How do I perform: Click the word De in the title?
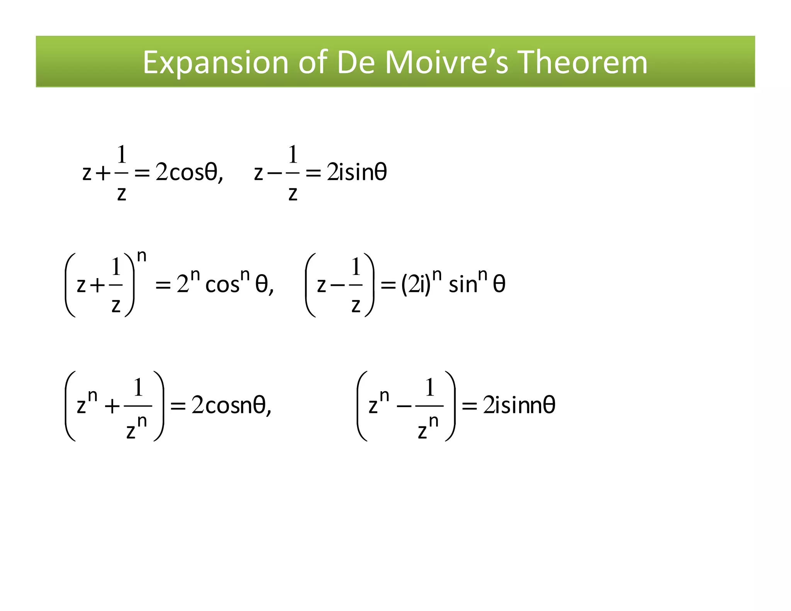click(356, 63)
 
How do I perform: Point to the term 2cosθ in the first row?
click(187, 172)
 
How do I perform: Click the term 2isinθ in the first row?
click(356, 172)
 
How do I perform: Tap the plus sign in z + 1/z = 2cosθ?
click(103, 173)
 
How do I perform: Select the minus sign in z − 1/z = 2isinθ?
click(274, 173)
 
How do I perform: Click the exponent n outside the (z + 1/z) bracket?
click(142, 256)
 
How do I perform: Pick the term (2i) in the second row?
click(416, 285)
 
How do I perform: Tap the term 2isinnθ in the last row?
click(519, 406)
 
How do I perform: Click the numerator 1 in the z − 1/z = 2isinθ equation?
click(293, 154)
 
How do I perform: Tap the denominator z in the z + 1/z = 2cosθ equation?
click(122, 194)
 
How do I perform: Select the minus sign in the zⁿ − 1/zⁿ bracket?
click(404, 407)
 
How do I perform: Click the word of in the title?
click(313, 63)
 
